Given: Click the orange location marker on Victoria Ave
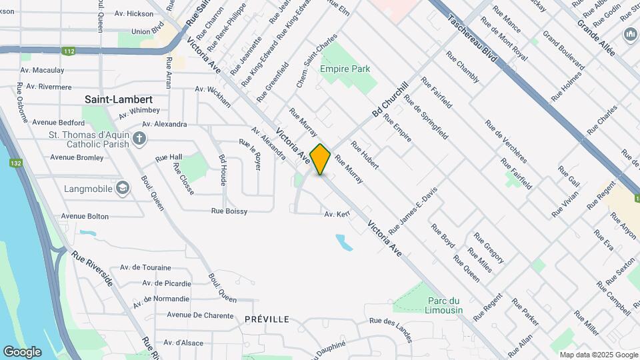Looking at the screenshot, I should click(321, 159).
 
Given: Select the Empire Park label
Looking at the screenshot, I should click(345, 69).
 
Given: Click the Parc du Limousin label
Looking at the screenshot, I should click(444, 305).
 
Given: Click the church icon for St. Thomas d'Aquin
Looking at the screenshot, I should click(139, 139).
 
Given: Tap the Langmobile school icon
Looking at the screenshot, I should click(123, 189).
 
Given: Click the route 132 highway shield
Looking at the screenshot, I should click(15, 163).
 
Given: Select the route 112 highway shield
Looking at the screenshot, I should click(69, 50).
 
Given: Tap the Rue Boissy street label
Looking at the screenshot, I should click(229, 211).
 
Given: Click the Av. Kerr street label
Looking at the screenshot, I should click(337, 214).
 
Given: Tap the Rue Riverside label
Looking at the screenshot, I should click(93, 270).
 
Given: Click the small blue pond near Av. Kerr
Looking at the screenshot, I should click(344, 242).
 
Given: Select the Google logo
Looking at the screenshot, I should click(22, 351).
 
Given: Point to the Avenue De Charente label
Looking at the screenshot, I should click(197, 315).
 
